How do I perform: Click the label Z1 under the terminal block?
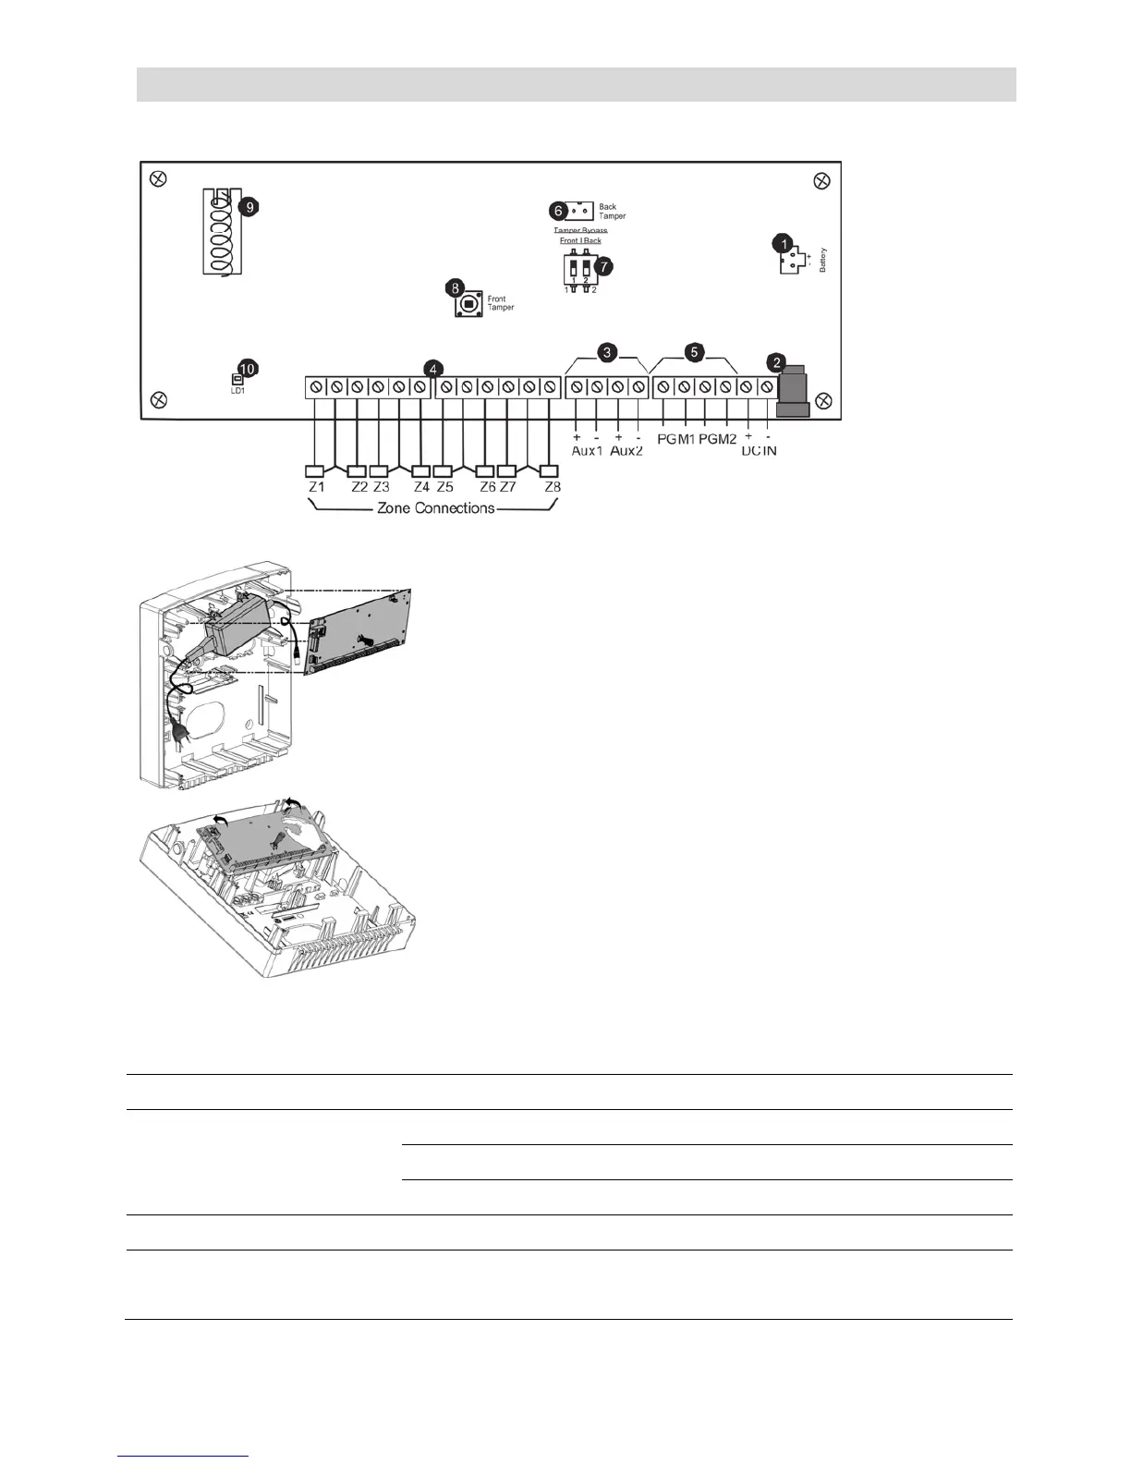click(x=316, y=487)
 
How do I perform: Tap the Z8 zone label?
click(x=553, y=487)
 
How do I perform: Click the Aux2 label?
click(x=626, y=451)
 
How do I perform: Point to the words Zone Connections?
click(x=435, y=508)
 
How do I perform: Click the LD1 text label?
click(x=237, y=391)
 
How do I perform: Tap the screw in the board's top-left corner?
click(x=158, y=178)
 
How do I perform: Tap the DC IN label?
click(x=758, y=451)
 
